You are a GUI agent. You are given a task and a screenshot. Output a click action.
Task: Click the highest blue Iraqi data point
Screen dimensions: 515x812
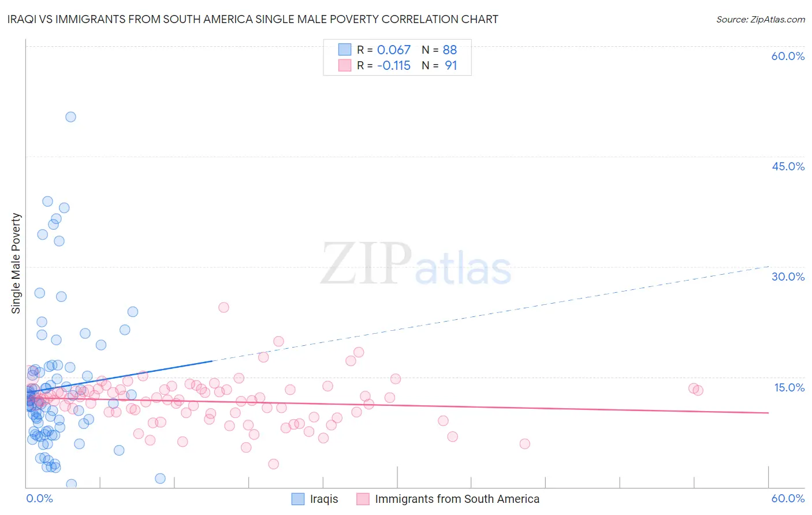[70, 117]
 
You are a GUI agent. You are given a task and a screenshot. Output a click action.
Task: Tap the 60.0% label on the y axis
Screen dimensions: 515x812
[788, 56]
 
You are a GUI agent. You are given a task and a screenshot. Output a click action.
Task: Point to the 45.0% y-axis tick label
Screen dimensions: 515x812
[788, 166]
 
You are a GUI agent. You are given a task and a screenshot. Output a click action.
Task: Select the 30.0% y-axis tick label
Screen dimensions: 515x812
[788, 277]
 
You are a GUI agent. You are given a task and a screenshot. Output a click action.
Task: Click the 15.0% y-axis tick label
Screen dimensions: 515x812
[789, 387]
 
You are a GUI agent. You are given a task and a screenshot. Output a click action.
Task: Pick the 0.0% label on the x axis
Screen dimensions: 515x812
[39, 498]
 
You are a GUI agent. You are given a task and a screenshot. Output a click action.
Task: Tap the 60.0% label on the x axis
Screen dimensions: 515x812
[788, 498]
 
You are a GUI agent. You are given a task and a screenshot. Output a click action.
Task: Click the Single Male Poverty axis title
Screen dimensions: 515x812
[16, 263]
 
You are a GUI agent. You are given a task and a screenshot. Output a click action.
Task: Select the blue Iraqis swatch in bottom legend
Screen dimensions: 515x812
[298, 499]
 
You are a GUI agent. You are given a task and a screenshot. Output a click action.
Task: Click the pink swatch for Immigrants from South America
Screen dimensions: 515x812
[363, 499]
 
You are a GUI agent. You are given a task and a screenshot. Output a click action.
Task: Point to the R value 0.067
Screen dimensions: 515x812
[393, 50]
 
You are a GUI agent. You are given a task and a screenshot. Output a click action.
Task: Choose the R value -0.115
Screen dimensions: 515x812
[393, 66]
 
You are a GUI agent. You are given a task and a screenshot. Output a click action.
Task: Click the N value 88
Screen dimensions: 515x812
[450, 50]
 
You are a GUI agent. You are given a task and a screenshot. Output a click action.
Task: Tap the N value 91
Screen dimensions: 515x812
[450, 66]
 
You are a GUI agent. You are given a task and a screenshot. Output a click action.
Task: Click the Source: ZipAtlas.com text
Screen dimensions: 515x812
[760, 20]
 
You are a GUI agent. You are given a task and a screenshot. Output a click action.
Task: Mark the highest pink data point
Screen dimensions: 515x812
[224, 307]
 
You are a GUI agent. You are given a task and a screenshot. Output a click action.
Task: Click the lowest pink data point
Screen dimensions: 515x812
[274, 464]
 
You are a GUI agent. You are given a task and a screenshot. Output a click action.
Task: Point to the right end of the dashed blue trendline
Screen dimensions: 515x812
[769, 266]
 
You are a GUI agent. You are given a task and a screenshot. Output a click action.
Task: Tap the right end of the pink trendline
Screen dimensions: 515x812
[769, 413]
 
